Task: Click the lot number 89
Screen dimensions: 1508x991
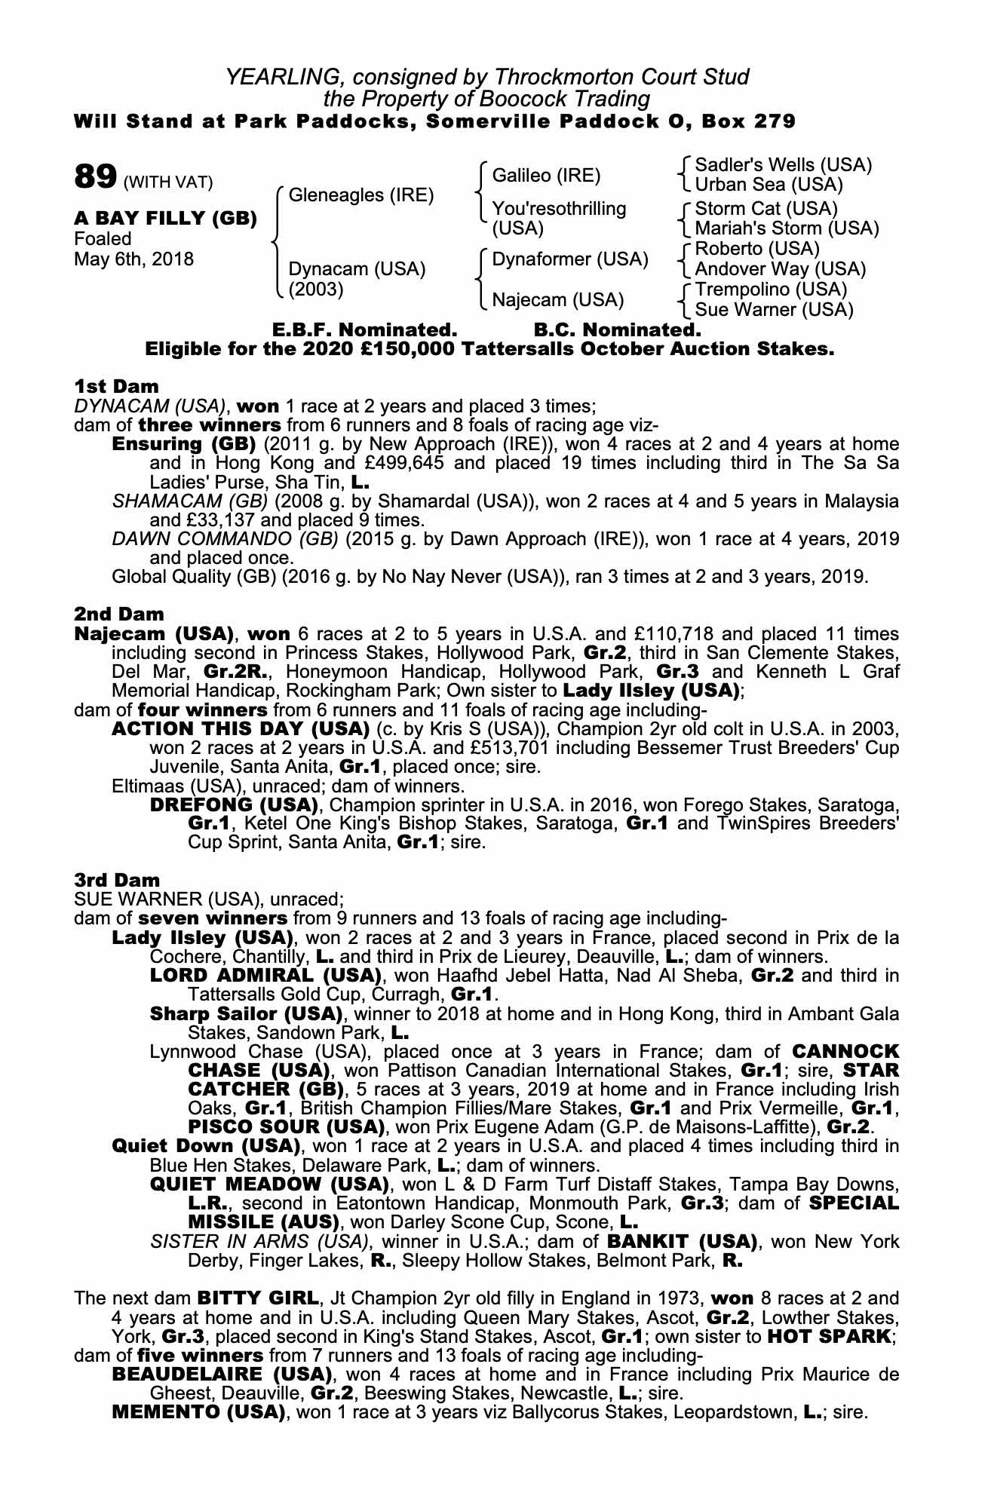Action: coord(94,178)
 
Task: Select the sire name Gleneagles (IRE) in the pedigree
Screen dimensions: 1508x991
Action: coord(361,195)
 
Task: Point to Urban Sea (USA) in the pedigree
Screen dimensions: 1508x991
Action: coord(769,185)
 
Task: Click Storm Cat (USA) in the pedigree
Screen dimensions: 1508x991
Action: coord(766,208)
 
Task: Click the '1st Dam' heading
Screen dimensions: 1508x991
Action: coord(116,387)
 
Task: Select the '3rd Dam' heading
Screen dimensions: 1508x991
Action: coord(117,880)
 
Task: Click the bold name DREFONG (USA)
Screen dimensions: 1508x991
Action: coord(235,804)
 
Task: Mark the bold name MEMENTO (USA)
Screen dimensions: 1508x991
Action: coord(198,1411)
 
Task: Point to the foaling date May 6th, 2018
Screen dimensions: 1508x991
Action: coord(133,259)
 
